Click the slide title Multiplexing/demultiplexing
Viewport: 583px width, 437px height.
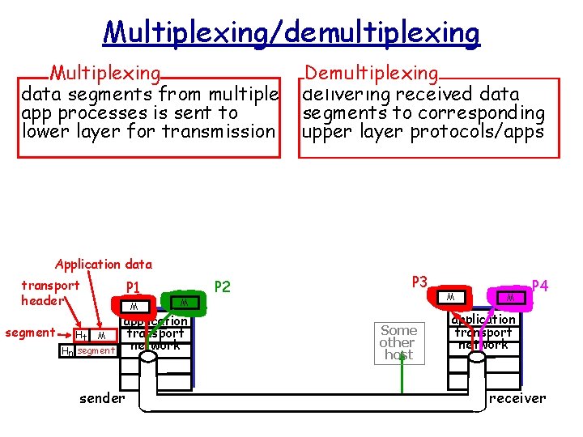pyautogui.click(x=291, y=33)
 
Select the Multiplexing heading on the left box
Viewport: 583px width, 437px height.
pyautogui.click(x=104, y=74)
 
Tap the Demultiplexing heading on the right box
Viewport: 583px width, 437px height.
pyautogui.click(x=372, y=74)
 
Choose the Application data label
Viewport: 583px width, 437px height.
pyautogui.click(x=103, y=264)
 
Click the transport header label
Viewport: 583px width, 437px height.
pyautogui.click(x=50, y=293)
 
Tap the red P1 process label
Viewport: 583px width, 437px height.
pyautogui.click(x=134, y=286)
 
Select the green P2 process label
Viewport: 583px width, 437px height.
pyautogui.click(x=221, y=286)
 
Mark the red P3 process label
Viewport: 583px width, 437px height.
pyautogui.click(x=419, y=282)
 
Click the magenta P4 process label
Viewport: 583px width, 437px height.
pyautogui.click(x=540, y=286)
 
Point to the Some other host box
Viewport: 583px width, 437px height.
pyautogui.click(x=398, y=342)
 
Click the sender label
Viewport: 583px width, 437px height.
pyautogui.click(x=102, y=398)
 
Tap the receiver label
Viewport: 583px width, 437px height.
pyautogui.click(x=517, y=398)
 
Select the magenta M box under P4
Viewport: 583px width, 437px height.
pyautogui.click(x=511, y=299)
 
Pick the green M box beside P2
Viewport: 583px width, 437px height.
pyautogui.click(x=185, y=302)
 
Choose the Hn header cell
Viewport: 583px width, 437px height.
pyautogui.click(x=66, y=351)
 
